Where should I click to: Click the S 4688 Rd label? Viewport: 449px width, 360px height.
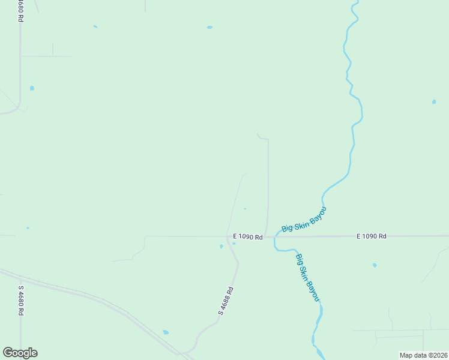click(226, 301)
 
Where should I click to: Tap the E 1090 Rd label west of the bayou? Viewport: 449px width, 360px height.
click(247, 237)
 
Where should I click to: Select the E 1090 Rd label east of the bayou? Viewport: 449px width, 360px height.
click(371, 236)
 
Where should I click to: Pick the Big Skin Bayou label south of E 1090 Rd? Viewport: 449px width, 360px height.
click(307, 278)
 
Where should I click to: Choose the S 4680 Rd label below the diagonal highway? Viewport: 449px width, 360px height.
click(20, 299)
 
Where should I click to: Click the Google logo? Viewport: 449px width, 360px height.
click(20, 353)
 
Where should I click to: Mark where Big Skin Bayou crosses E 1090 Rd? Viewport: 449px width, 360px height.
click(276, 236)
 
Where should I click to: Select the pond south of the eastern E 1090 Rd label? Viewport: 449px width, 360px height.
click(375, 265)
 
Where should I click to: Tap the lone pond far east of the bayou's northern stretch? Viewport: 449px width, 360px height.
click(434, 102)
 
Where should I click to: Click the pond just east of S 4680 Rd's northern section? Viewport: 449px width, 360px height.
click(32, 88)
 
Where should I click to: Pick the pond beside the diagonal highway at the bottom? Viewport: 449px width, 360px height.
click(166, 332)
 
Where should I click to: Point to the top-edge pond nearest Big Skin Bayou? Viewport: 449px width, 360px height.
click(209, 27)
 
